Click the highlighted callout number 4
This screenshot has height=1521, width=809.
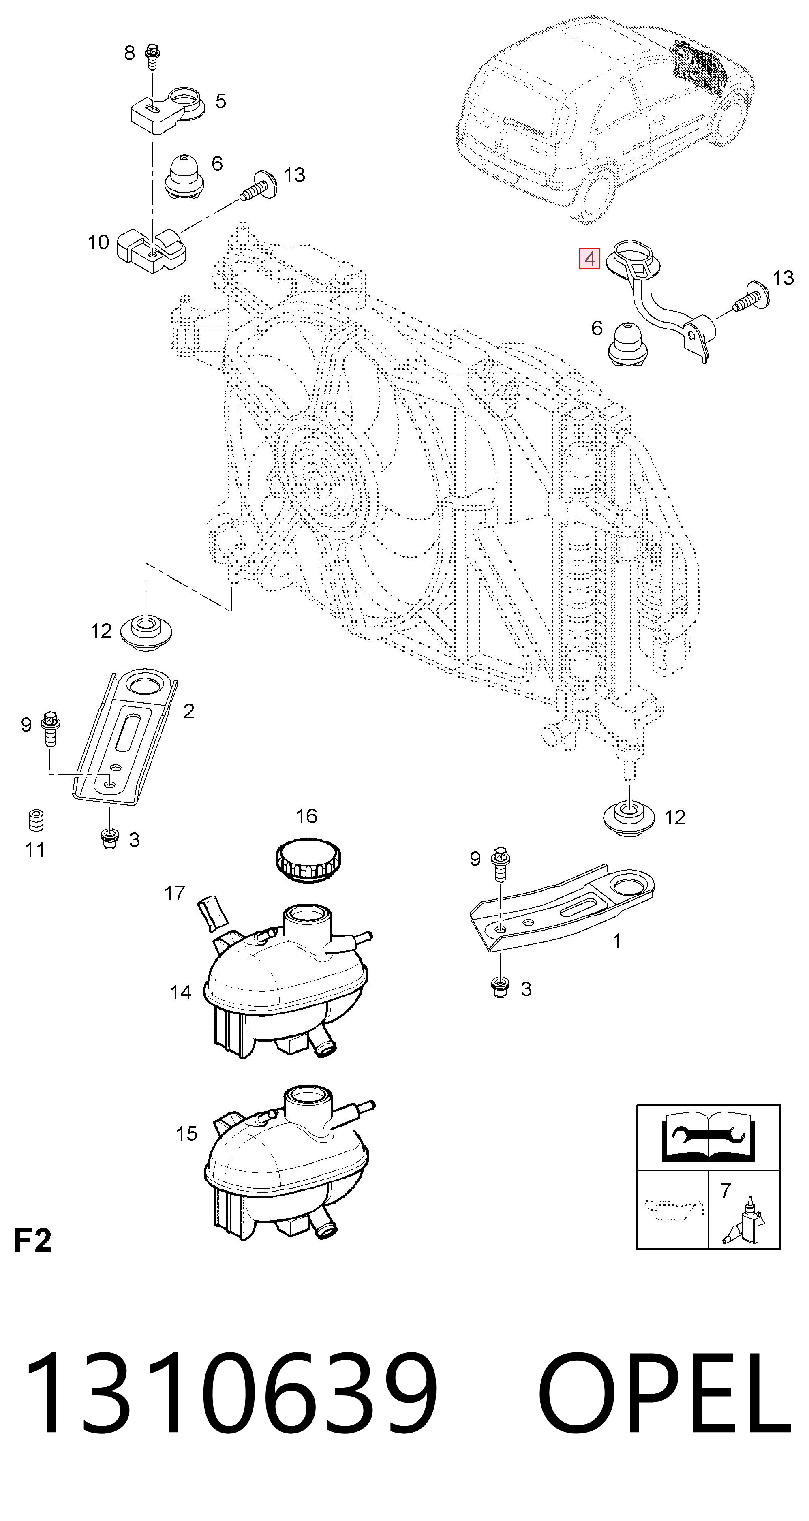click(x=589, y=259)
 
